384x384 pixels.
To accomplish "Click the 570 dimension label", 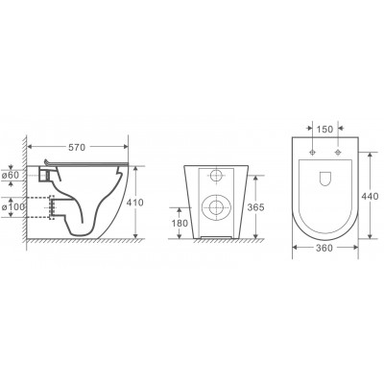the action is [77, 148].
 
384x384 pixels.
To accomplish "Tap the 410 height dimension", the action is [135, 203].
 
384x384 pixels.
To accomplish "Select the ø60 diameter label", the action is [11, 176].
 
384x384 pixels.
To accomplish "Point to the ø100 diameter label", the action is [13, 207].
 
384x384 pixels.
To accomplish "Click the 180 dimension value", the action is [180, 223].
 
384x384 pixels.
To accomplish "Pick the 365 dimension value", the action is [256, 207].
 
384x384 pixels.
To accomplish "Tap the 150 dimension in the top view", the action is [324, 130].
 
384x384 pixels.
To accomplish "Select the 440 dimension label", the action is [370, 196].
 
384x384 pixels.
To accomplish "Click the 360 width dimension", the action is [324, 248].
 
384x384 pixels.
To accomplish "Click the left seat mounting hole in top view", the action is [313, 153].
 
